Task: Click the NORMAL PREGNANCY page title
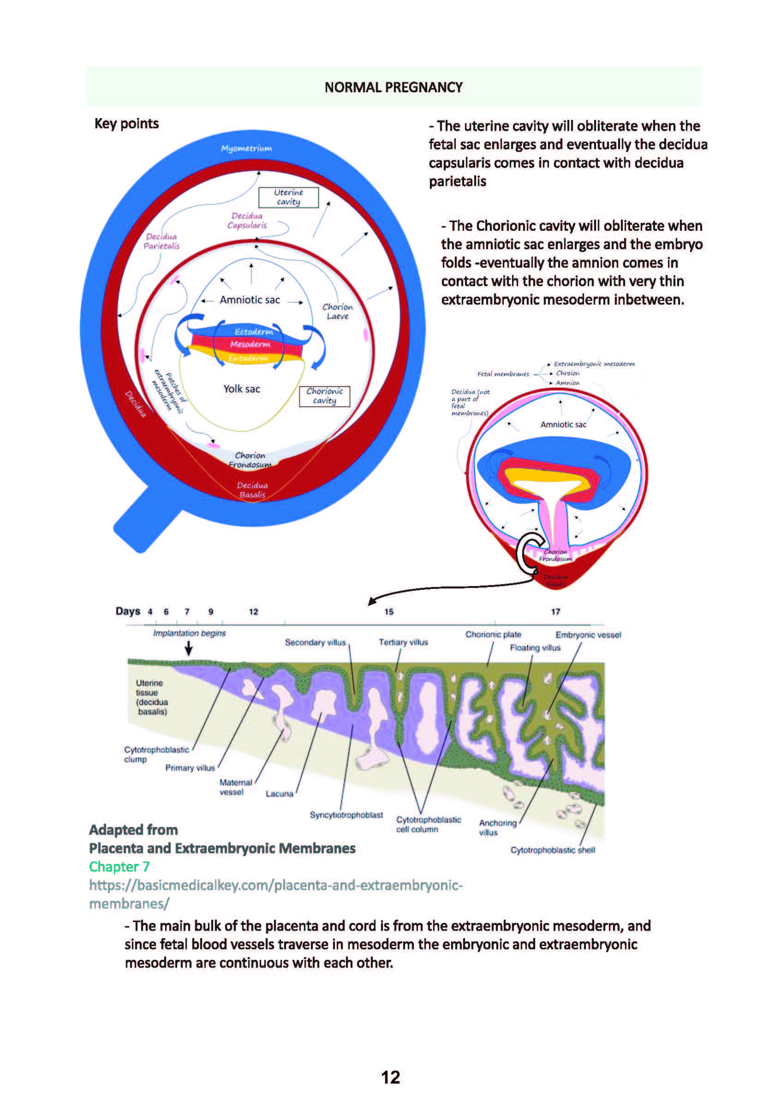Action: tap(393, 87)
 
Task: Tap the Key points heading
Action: tap(126, 124)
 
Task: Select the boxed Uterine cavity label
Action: tap(288, 197)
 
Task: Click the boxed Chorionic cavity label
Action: tap(324, 395)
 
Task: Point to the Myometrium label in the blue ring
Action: tap(246, 149)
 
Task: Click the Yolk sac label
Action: tap(242, 389)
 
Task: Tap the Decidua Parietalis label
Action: tap(161, 241)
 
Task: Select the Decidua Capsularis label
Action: tap(247, 220)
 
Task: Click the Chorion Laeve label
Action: tap(338, 311)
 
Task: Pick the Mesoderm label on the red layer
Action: tap(250, 344)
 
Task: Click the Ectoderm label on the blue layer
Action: tap(254, 332)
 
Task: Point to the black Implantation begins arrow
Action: tap(189, 649)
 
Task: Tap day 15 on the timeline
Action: tap(388, 612)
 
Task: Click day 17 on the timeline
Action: tap(555, 612)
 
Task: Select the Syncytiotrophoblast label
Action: tap(346, 815)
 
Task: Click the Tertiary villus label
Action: tap(403, 642)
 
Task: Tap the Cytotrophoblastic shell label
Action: tap(553, 850)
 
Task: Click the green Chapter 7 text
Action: tap(119, 867)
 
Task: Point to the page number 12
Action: tap(390, 1077)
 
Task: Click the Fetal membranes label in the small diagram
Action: tap(503, 374)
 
